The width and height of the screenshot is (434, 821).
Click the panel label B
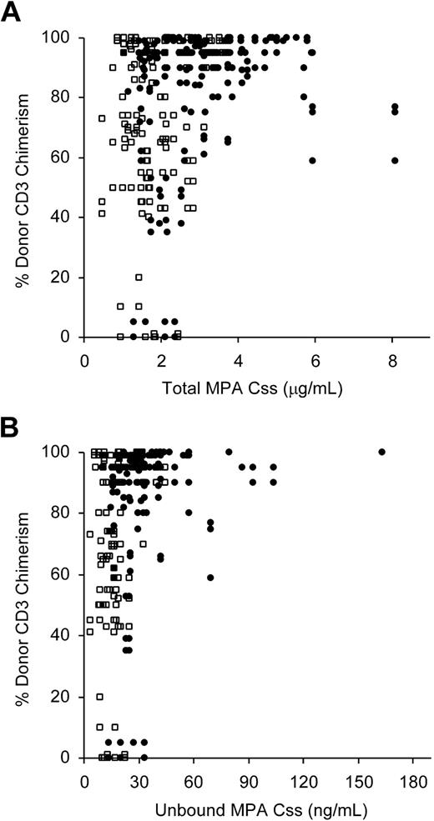point(13,429)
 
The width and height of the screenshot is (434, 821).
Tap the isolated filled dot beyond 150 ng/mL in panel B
point(382,452)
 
